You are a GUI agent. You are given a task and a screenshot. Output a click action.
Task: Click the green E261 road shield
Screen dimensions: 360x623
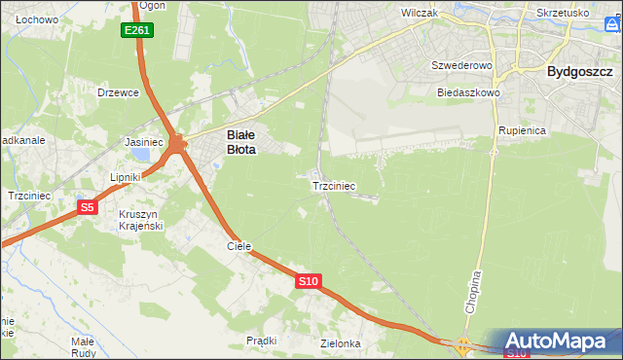coord(137,31)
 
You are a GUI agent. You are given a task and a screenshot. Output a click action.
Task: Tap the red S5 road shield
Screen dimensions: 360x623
coord(88,207)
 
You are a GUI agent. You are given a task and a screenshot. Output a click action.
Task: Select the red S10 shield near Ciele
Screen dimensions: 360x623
coord(308,281)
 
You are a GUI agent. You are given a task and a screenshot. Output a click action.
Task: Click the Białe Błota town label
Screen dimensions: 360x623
coord(241,143)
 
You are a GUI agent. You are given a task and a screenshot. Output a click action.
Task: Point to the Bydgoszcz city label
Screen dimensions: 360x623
coord(579,71)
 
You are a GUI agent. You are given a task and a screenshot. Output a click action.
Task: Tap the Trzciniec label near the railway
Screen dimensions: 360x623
coord(333,185)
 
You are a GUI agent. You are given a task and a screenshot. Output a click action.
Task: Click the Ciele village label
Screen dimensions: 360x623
coord(239,247)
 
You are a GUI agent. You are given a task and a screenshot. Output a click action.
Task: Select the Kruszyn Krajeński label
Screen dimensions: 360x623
coord(140,220)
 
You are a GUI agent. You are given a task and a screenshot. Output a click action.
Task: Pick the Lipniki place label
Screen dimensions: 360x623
coord(126,178)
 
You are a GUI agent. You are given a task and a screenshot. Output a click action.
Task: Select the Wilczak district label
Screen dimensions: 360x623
coord(421,15)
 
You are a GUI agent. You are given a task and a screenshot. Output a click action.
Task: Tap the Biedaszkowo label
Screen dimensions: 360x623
coord(468,92)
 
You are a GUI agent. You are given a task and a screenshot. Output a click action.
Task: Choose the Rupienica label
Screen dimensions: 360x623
coord(521,129)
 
